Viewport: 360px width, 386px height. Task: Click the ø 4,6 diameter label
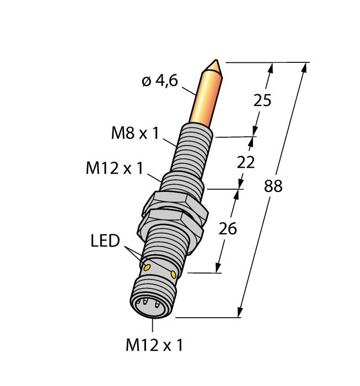pos(159,81)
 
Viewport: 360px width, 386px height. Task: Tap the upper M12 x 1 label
pos(114,168)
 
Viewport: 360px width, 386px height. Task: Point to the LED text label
pos(105,241)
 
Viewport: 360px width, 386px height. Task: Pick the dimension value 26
pos(228,228)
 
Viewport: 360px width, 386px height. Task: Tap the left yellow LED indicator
pos(147,267)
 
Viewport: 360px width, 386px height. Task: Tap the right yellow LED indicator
pos(174,274)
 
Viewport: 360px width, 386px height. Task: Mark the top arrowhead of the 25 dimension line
pos(270,67)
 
